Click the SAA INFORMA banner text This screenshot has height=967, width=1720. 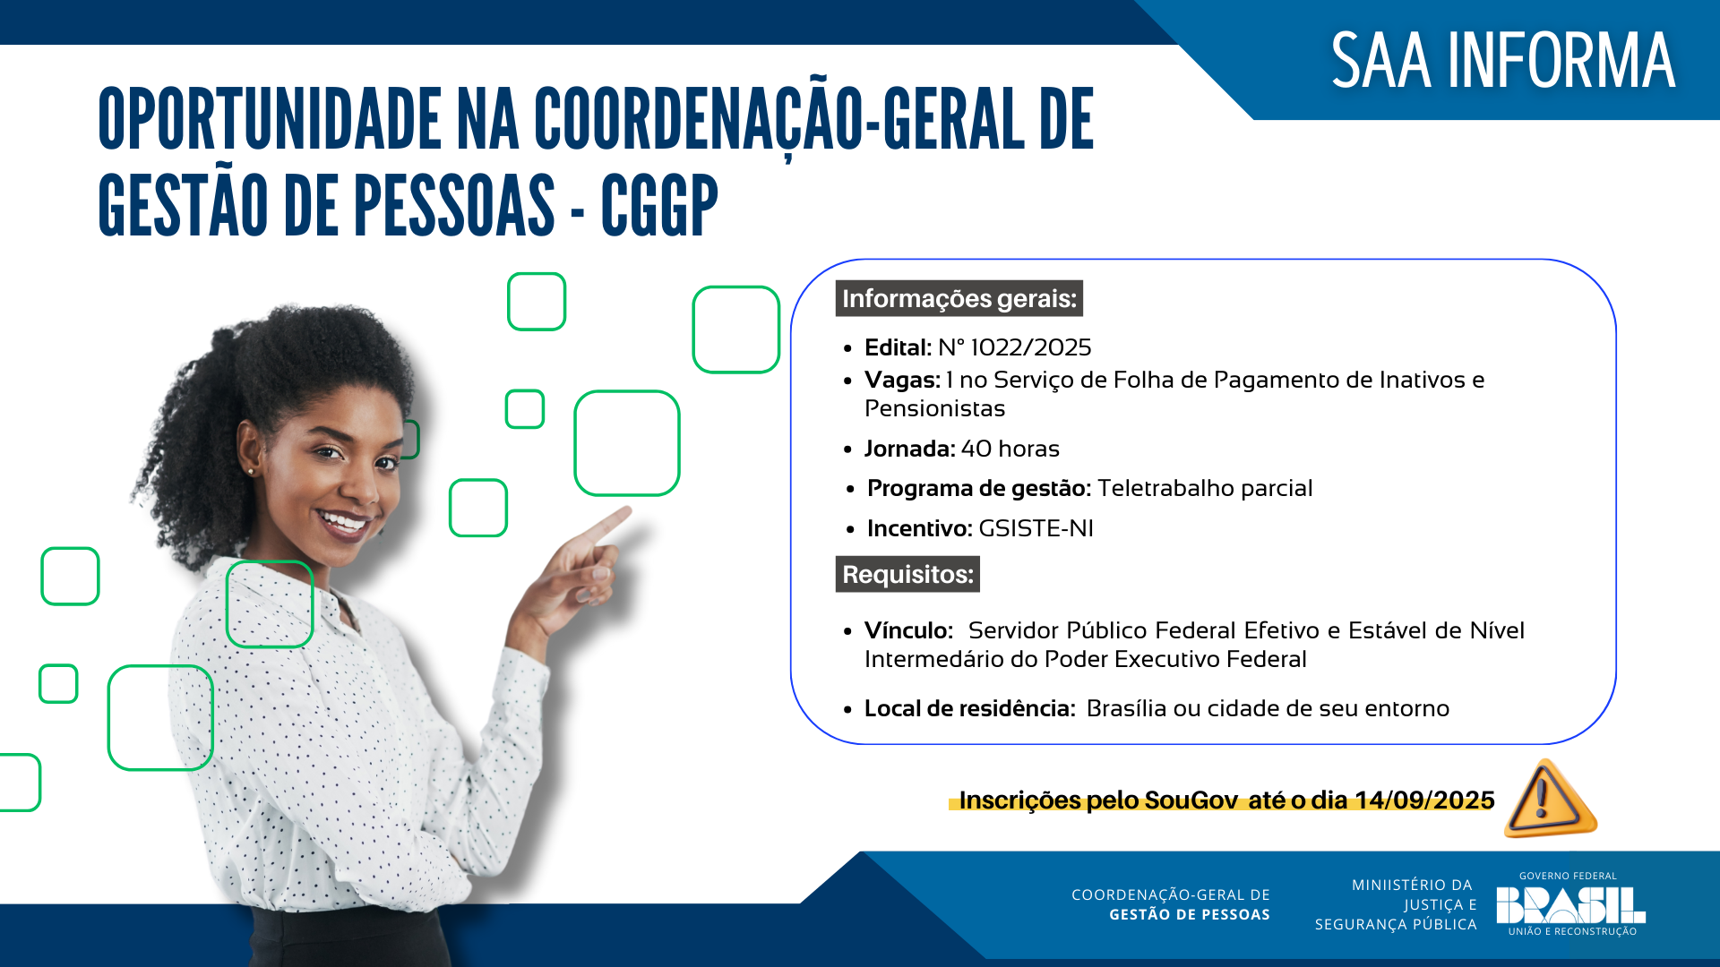pos(1502,61)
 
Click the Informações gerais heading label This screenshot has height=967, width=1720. pos(959,298)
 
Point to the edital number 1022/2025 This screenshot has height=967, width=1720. pos(1030,347)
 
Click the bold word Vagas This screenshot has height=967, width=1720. pos(901,381)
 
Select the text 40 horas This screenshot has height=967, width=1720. pos(1010,449)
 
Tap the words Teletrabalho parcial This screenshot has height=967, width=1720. pos(1204,488)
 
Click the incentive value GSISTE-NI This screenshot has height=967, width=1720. pos(1036,528)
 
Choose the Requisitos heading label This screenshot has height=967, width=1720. pos(907,574)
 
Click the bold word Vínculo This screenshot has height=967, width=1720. pos(907,630)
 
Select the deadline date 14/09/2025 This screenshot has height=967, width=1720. pos(1424,800)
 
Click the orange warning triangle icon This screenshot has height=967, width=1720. pos(1549,799)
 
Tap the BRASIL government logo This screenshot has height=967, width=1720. pos(1570,905)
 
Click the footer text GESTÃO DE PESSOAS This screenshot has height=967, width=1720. pos(1189,914)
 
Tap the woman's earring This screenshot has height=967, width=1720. pos(250,471)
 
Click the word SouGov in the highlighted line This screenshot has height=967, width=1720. pos(1191,800)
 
